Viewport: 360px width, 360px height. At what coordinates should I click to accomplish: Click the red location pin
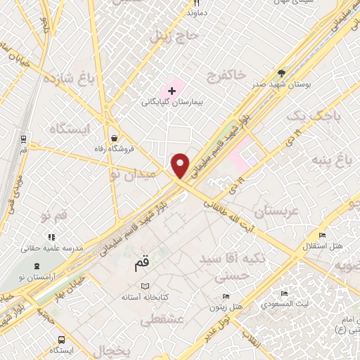click(x=181, y=166)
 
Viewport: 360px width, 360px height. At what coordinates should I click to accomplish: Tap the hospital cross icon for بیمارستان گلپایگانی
click(x=172, y=91)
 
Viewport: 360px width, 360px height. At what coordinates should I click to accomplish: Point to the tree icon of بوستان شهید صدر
click(x=282, y=73)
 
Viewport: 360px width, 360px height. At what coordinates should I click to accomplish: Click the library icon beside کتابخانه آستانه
click(x=146, y=286)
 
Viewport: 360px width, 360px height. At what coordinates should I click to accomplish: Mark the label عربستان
click(x=276, y=211)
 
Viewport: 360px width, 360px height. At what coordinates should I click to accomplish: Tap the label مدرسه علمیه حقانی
click(x=52, y=248)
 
